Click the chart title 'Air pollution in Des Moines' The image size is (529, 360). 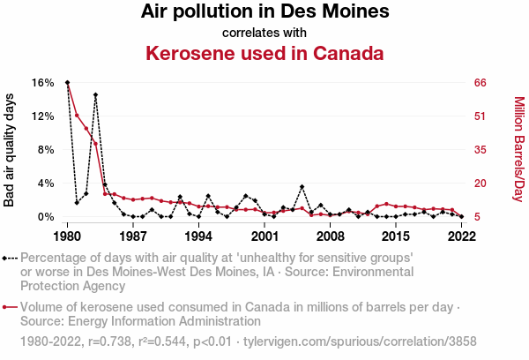(x=264, y=12)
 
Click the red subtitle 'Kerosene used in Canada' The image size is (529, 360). (x=264, y=53)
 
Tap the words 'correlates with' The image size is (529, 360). (x=264, y=33)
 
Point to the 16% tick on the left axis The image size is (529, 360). (x=43, y=83)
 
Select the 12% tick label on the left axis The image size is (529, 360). (x=43, y=116)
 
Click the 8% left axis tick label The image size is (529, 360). (x=46, y=150)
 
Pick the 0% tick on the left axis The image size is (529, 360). (x=46, y=217)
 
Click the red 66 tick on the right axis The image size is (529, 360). (x=481, y=83)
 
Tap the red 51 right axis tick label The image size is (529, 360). (x=481, y=116)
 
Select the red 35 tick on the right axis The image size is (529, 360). (x=481, y=150)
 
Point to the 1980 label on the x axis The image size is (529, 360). (x=67, y=236)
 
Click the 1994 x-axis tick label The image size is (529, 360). (x=198, y=236)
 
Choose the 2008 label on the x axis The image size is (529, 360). (x=330, y=236)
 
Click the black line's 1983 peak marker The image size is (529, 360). (x=95, y=94)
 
